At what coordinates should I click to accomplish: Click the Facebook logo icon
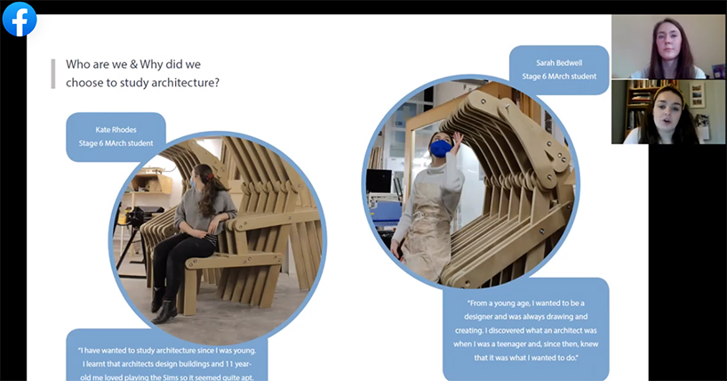point(20,20)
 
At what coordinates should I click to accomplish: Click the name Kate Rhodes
point(116,130)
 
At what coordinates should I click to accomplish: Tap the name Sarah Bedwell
point(559,62)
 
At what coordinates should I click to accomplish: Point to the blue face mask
point(440,149)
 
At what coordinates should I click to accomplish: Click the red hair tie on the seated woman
point(211,177)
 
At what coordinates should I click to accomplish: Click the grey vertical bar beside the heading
point(53,73)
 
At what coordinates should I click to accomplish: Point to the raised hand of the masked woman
point(457,140)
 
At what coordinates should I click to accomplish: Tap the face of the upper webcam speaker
point(669,42)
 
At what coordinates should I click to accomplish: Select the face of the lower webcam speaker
point(668,113)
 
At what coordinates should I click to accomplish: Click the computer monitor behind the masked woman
point(379,182)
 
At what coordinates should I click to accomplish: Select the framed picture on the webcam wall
point(698,95)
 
